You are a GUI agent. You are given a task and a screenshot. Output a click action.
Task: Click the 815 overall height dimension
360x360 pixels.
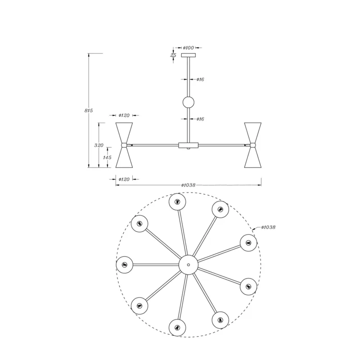coord(89,110)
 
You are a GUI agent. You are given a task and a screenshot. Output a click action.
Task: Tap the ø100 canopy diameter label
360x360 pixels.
coord(188,48)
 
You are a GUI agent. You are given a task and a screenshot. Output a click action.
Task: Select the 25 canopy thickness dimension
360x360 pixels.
coord(173,55)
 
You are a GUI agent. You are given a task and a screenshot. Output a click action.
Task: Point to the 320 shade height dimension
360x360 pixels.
coord(99,145)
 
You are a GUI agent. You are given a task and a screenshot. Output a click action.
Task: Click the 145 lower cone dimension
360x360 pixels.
coord(107,157)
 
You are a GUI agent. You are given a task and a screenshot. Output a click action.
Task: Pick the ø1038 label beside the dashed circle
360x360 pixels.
coord(268,227)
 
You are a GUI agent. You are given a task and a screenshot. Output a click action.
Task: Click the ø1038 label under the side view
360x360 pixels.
coord(188,185)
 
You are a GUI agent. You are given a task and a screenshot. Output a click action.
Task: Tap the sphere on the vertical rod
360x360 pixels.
coord(189,103)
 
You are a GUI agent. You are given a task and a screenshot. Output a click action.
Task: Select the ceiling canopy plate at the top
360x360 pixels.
coord(189,55)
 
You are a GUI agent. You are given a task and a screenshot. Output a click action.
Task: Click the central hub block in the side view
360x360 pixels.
coord(188,145)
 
